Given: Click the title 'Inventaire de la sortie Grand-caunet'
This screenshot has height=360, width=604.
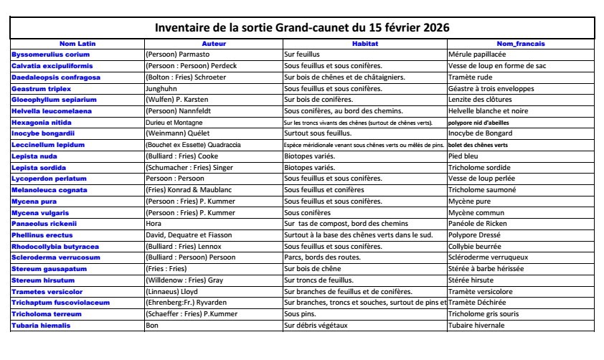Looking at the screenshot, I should click(302, 28).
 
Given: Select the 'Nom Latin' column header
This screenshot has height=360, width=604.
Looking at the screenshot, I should click(77, 44).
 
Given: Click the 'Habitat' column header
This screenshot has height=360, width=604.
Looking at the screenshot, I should click(364, 44).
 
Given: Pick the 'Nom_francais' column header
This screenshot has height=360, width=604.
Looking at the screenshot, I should click(520, 44).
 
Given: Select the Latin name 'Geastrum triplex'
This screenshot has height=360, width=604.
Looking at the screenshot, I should click(43, 88).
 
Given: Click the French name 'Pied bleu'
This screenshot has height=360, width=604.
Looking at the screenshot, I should click(463, 156).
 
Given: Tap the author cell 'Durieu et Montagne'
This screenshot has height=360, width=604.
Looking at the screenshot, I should click(174, 122).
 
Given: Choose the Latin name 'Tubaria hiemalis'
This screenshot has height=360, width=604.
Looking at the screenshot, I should click(41, 326).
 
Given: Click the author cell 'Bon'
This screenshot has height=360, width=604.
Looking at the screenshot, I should click(151, 326).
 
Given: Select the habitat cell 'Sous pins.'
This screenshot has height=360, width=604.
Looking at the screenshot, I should click(301, 314).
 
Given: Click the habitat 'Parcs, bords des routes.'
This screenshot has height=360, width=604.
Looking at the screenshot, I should click(322, 257).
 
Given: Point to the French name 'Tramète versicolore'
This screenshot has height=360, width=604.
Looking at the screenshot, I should click(480, 292).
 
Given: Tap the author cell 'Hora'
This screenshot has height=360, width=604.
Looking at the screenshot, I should click(154, 224).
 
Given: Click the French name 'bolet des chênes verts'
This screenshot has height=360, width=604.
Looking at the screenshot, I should click(478, 145).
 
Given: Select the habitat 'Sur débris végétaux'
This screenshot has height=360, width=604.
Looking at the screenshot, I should click(316, 326).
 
